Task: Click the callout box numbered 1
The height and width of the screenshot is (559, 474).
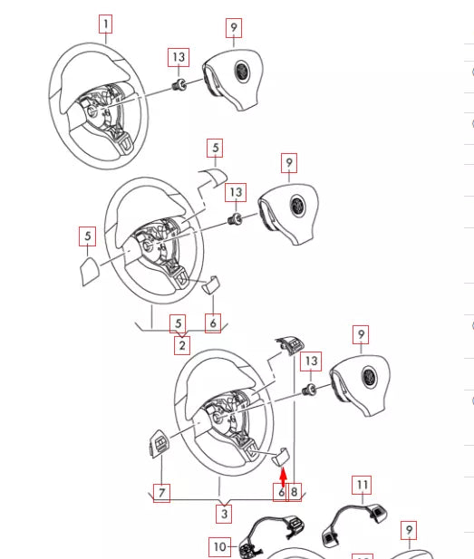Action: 105,24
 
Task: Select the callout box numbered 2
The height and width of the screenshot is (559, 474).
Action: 182,345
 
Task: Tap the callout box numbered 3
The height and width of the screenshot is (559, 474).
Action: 224,514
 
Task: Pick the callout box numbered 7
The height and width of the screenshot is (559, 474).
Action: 161,493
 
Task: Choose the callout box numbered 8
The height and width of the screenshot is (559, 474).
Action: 294,492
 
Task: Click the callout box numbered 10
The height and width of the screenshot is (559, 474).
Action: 219,546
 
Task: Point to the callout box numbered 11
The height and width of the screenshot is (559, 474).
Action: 362,485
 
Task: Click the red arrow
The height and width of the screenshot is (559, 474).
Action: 283,478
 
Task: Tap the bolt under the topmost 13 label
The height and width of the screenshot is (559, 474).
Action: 179,85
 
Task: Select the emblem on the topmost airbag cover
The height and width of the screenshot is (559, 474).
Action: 242,72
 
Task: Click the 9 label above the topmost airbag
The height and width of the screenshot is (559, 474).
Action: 234,28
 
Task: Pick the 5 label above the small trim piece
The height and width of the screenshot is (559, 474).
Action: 215,148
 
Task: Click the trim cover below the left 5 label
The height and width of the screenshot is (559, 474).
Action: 88,271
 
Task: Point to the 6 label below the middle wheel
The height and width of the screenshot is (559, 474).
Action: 213,323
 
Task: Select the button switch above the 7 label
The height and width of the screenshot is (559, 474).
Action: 159,444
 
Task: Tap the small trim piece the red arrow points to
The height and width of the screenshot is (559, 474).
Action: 280,457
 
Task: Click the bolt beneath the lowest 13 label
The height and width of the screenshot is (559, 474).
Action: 309,390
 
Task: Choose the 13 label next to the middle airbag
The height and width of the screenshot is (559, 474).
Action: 236,192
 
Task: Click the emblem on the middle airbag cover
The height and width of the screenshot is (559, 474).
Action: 297,206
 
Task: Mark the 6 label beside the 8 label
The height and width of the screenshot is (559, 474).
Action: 280,492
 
